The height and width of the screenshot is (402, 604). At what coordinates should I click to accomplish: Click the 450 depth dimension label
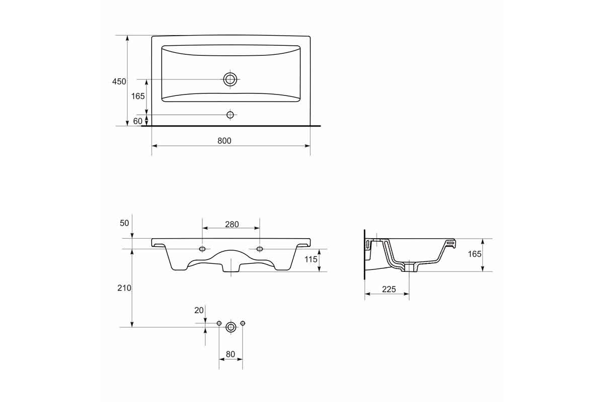pos(119,81)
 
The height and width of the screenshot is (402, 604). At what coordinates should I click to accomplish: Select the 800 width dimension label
pos(224,141)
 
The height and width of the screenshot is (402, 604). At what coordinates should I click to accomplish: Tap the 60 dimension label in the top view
pos(137,121)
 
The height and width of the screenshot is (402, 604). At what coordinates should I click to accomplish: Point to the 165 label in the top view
pos(138,96)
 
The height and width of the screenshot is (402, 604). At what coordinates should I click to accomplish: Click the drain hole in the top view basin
pos(230,79)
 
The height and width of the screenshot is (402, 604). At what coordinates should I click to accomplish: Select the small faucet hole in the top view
pos(230,115)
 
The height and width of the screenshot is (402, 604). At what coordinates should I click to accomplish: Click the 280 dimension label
pos(232,224)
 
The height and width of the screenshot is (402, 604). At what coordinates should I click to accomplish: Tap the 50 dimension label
pos(124,223)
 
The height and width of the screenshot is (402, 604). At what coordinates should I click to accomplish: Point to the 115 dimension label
pos(311,259)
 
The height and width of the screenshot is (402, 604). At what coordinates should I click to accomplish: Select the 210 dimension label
pos(124,288)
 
